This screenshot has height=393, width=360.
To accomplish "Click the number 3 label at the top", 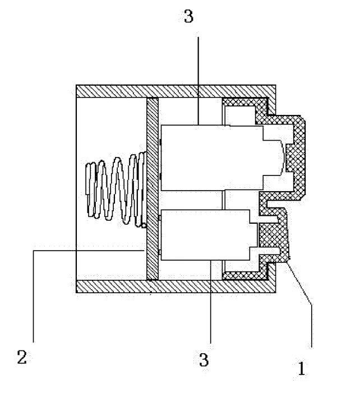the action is point(189,16).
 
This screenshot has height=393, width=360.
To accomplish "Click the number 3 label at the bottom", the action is point(204,359).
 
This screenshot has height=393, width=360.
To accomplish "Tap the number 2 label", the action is point(22,357).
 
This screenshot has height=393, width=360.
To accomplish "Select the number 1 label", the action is point(302,368).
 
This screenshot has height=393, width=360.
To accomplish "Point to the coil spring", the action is point(116,189).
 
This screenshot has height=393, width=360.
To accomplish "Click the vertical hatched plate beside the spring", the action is point(153,189).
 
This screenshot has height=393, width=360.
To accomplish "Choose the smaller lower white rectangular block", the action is point(205,235).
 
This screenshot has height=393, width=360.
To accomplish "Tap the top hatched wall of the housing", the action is point(176,91).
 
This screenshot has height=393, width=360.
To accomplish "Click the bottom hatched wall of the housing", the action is point(176,286).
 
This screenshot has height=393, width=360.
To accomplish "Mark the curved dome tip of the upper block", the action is point(283,158).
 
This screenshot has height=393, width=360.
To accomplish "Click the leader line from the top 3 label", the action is point(199,81).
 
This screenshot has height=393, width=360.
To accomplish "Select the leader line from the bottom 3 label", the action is point(211,302).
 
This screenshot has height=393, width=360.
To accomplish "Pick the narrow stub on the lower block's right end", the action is point(253,235).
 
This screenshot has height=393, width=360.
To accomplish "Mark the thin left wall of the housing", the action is point(76,189).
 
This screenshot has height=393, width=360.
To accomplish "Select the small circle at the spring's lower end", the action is point(144,225).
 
